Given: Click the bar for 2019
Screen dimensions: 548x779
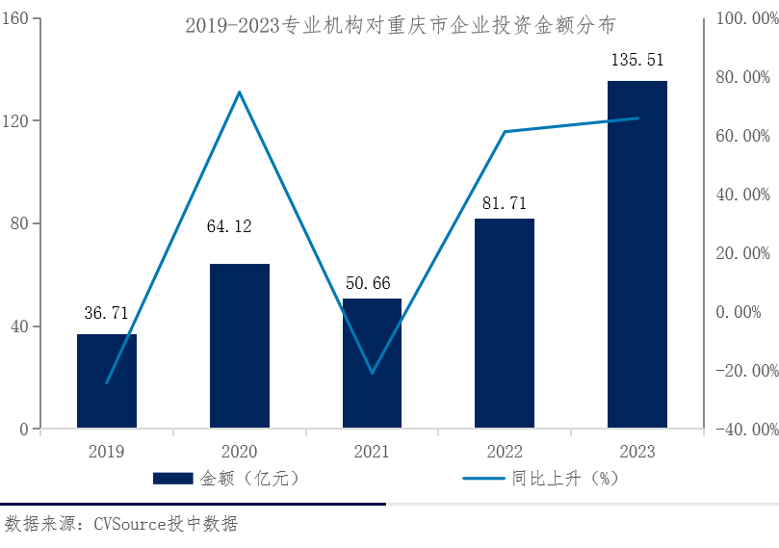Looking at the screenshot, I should [x=107, y=381].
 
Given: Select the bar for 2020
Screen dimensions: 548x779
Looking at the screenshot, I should [x=240, y=346].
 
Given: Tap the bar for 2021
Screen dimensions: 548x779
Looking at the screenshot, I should [x=372, y=363].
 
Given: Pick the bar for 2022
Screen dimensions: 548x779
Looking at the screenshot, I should [x=505, y=324].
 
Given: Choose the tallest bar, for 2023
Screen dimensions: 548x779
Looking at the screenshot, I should [x=637, y=254].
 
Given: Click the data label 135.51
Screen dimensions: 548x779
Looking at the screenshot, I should [x=637, y=60].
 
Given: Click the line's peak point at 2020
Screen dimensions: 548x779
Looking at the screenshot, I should [x=240, y=91].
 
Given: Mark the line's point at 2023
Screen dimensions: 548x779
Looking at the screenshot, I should [x=637, y=118].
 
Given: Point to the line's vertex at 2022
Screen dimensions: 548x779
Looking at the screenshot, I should [x=505, y=131].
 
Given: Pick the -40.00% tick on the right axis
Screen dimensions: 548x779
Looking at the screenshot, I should [x=742, y=430].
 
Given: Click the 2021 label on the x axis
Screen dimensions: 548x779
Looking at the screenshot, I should [x=372, y=452].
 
